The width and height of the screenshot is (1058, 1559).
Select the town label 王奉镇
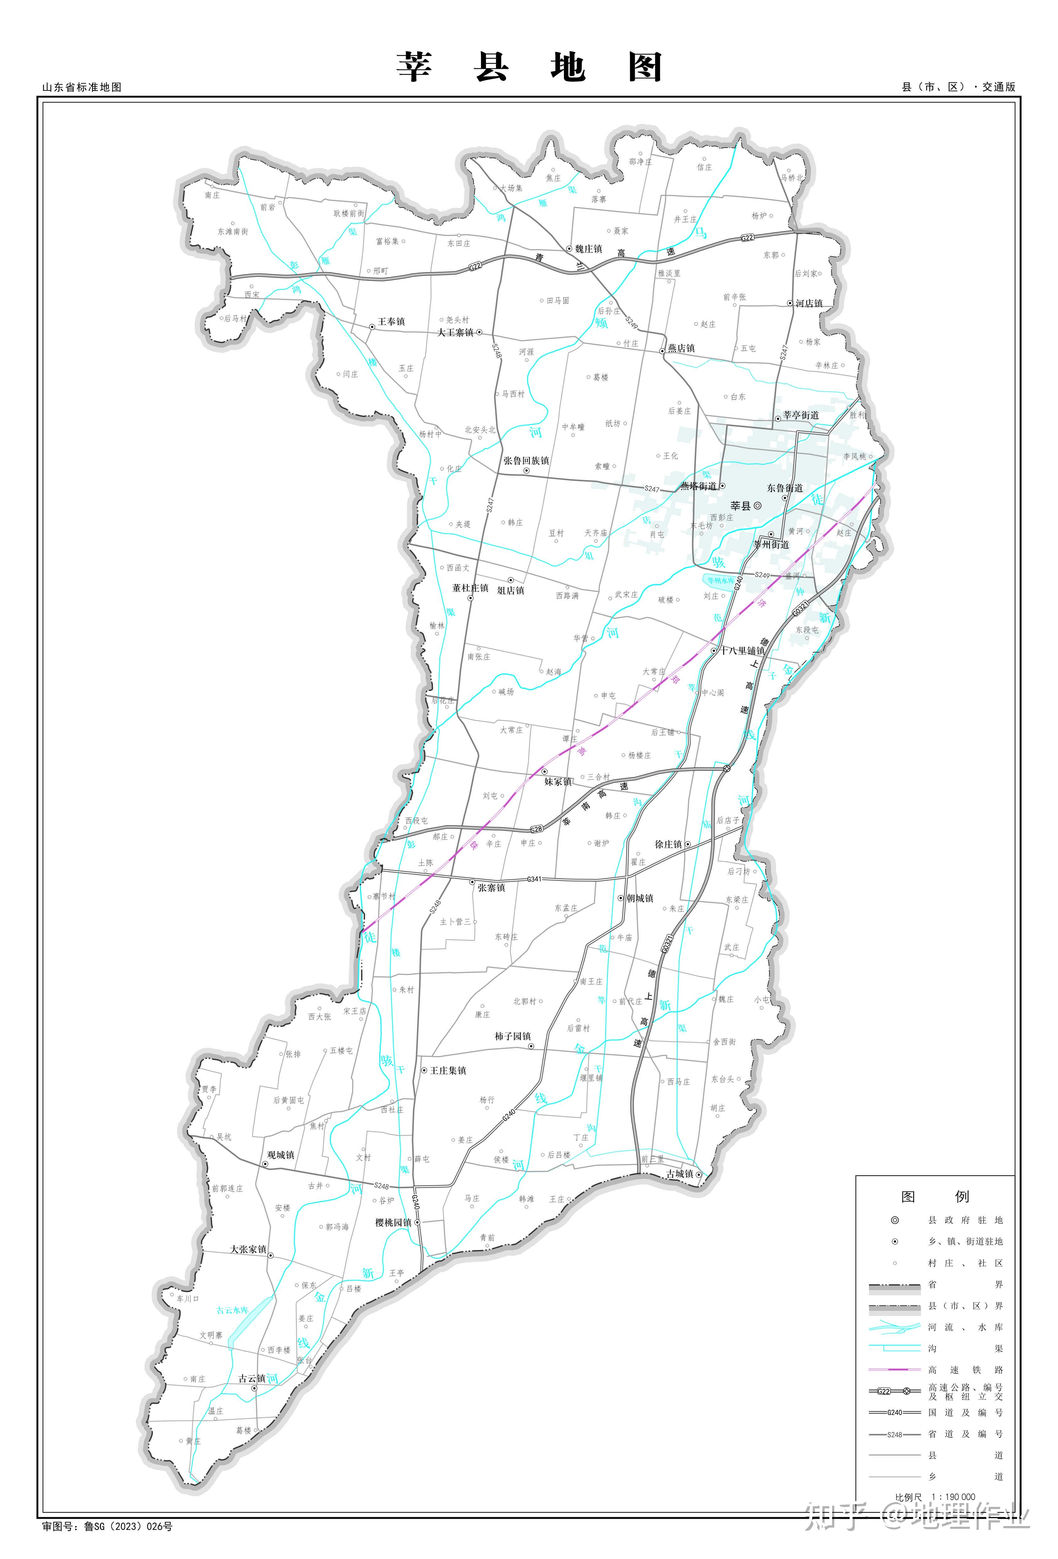pyautogui.click(x=391, y=322)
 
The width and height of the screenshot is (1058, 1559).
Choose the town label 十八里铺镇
pyautogui.click(x=742, y=651)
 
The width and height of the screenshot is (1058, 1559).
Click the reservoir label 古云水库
pyautogui.click(x=232, y=1310)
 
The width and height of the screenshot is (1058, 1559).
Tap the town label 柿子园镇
pyautogui.click(x=513, y=1037)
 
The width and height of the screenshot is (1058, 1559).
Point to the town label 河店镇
pyautogui.click(x=809, y=303)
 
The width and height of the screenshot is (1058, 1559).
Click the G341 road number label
pyautogui.click(x=534, y=879)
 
